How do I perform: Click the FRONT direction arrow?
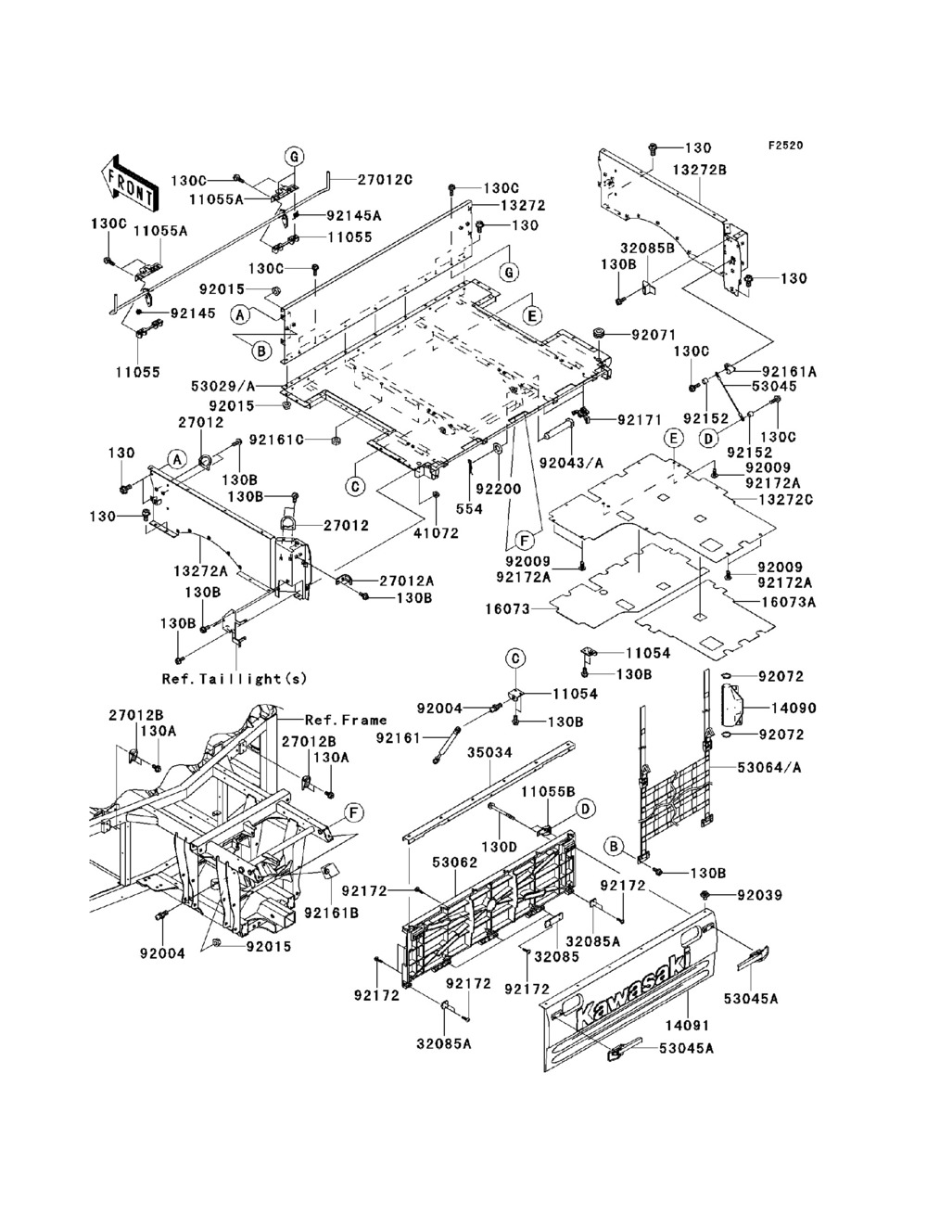click(129, 183)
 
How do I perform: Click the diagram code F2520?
click(785, 146)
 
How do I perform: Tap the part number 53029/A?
click(222, 386)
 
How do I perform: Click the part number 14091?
click(687, 1025)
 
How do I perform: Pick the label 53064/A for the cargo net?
click(769, 767)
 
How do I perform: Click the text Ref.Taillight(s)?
click(235, 678)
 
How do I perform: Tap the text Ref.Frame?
click(346, 720)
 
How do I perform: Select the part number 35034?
click(489, 752)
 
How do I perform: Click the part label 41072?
click(437, 532)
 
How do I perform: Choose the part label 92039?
click(760, 894)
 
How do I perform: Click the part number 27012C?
click(385, 180)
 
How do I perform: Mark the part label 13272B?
click(700, 170)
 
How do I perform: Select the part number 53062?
click(455, 863)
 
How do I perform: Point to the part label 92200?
click(499, 489)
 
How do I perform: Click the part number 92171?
click(640, 419)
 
